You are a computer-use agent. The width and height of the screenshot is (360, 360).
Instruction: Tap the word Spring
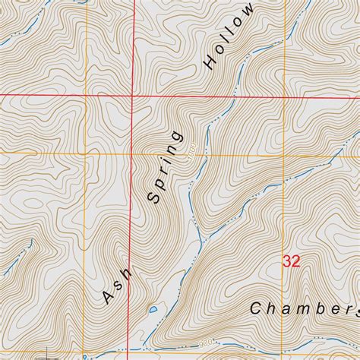click(x=166, y=167)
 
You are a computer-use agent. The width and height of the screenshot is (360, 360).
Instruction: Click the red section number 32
click(x=291, y=261)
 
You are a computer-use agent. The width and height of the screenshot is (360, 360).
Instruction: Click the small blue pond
click(x=153, y=310)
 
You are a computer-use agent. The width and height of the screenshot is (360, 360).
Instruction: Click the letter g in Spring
click(x=177, y=137)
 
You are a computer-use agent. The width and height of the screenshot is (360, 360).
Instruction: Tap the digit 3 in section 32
click(x=286, y=261)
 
